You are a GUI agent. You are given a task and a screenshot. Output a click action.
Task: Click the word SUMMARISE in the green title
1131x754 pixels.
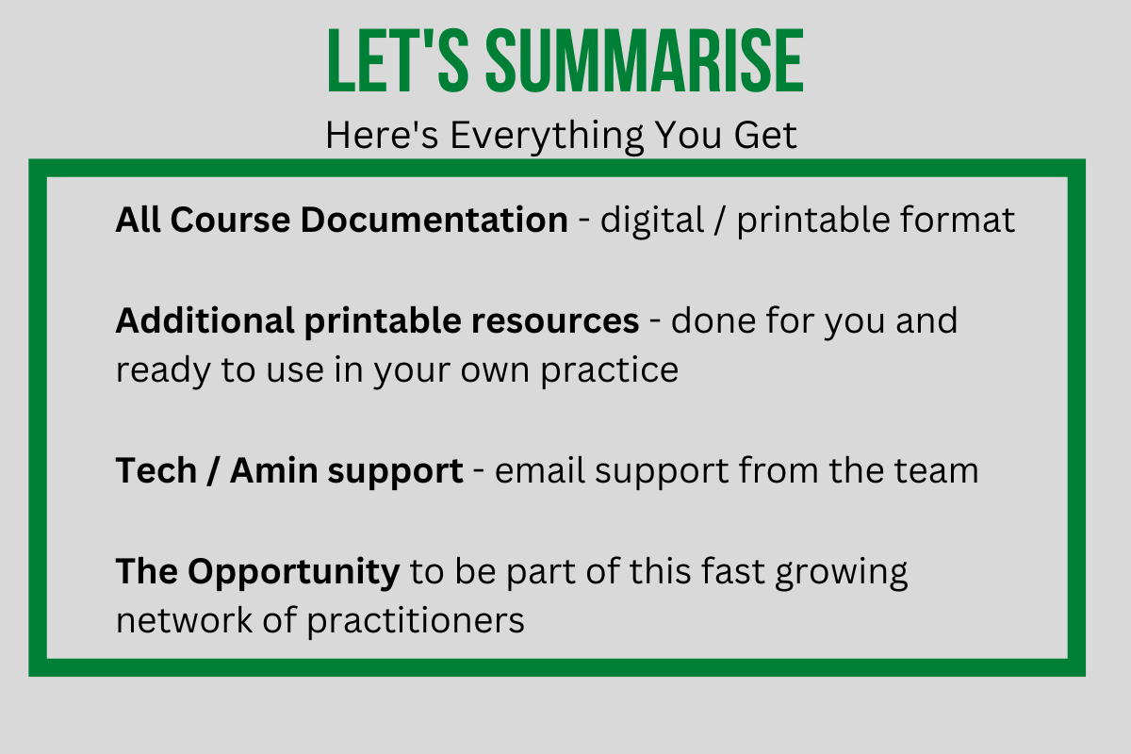[x=645, y=60]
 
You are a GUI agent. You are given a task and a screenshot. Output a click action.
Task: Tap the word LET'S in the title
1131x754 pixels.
[x=398, y=60]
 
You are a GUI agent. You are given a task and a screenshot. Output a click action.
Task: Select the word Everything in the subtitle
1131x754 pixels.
[x=547, y=137]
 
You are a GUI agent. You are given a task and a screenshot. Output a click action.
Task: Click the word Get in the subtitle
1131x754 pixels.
[x=765, y=135]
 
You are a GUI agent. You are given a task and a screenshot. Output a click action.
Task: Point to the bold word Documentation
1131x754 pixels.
[x=434, y=221]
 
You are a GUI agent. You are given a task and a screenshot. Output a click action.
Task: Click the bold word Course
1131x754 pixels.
[x=230, y=221]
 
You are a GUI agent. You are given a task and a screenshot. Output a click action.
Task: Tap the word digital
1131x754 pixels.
[x=652, y=221]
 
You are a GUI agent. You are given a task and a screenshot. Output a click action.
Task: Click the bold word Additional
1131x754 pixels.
[x=205, y=321]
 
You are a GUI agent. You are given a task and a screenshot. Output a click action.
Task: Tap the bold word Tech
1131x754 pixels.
[x=156, y=471]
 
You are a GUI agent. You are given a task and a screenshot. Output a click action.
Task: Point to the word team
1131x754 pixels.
[x=937, y=471]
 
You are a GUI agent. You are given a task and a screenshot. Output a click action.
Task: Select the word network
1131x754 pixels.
[x=184, y=621]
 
